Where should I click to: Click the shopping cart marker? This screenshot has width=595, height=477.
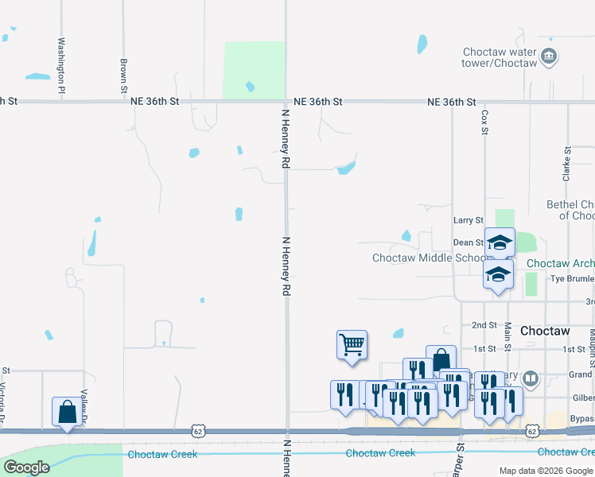point(352,345)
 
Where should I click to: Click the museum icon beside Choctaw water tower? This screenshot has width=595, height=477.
point(549,56)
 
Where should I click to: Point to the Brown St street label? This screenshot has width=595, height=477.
point(124,72)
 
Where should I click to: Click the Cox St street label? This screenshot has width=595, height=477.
point(484,122)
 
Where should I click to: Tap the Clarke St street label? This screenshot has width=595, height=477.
point(567,164)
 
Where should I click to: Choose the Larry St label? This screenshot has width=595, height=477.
point(468,220)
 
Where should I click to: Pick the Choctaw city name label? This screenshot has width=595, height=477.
point(545,330)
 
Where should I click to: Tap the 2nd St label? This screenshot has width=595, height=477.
point(484,325)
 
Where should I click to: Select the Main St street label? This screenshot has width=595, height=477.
point(507,335)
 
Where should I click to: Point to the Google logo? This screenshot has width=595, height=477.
point(26,467)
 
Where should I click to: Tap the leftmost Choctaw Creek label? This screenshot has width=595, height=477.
point(162,454)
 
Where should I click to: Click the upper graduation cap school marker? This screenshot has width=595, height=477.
point(500,242)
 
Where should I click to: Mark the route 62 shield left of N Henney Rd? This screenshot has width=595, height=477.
point(197,431)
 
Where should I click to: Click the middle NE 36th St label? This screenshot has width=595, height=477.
point(317,102)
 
